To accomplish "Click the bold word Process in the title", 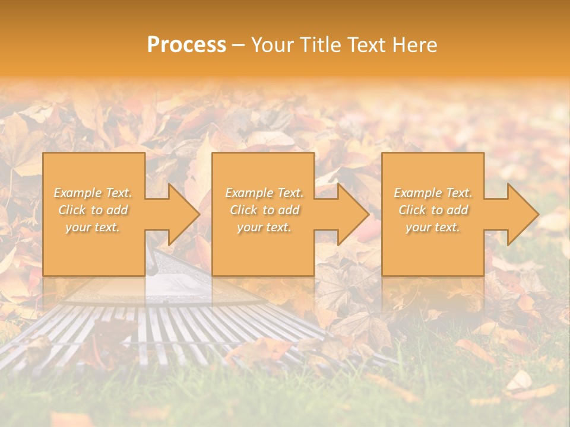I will pos(186,45).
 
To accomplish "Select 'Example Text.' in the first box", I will pos(93,193).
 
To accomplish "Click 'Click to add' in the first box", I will pos(93,210).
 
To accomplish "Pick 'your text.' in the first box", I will pos(93,227).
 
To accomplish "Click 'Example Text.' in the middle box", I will pos(264,193).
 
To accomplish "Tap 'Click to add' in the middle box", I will pos(264,210).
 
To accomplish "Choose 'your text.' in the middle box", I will pos(264,227).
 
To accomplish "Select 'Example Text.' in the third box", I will pos(433,193).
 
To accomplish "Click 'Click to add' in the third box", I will pos(433,210).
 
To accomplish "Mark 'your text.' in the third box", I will pos(433,227).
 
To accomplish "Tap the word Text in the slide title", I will pos(364,45).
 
